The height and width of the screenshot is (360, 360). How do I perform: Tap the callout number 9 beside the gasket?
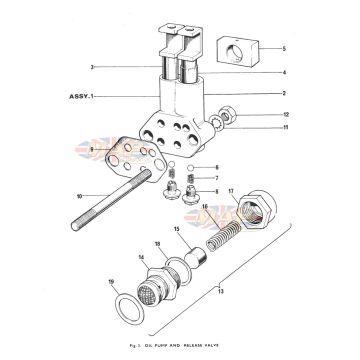click(x=93, y=150)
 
